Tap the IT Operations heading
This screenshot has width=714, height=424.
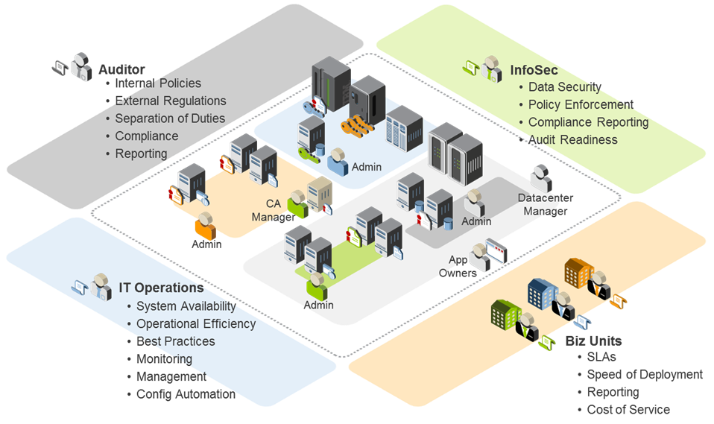[161, 288]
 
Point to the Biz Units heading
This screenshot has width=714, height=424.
[588, 341]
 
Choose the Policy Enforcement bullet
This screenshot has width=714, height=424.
[581, 105]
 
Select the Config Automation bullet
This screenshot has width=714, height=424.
[186, 394]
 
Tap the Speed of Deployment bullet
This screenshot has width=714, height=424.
[644, 374]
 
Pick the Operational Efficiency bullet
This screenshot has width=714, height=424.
[195, 323]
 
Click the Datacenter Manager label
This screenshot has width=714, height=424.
[546, 203]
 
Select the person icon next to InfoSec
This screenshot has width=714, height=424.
[490, 68]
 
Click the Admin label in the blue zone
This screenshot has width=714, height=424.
[366, 167]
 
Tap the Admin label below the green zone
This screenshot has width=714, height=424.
[318, 305]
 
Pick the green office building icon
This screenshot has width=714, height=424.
[505, 314]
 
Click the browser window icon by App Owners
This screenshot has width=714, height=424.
[496, 249]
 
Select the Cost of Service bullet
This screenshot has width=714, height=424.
[628, 409]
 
